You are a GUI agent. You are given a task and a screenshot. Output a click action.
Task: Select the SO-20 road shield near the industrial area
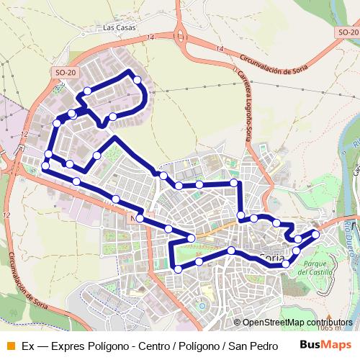coord(66,73)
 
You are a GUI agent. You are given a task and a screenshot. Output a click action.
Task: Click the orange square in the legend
coord(10,345)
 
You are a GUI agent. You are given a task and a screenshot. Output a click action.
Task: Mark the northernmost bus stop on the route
coord(137,79)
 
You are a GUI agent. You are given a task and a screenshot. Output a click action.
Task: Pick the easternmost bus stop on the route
coord(315,234)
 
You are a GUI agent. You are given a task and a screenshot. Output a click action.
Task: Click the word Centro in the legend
coord(155,345)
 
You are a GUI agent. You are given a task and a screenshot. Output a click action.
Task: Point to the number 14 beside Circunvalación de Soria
coord(219,48)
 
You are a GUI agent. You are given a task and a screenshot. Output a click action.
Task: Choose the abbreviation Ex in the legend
coord(28,345)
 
